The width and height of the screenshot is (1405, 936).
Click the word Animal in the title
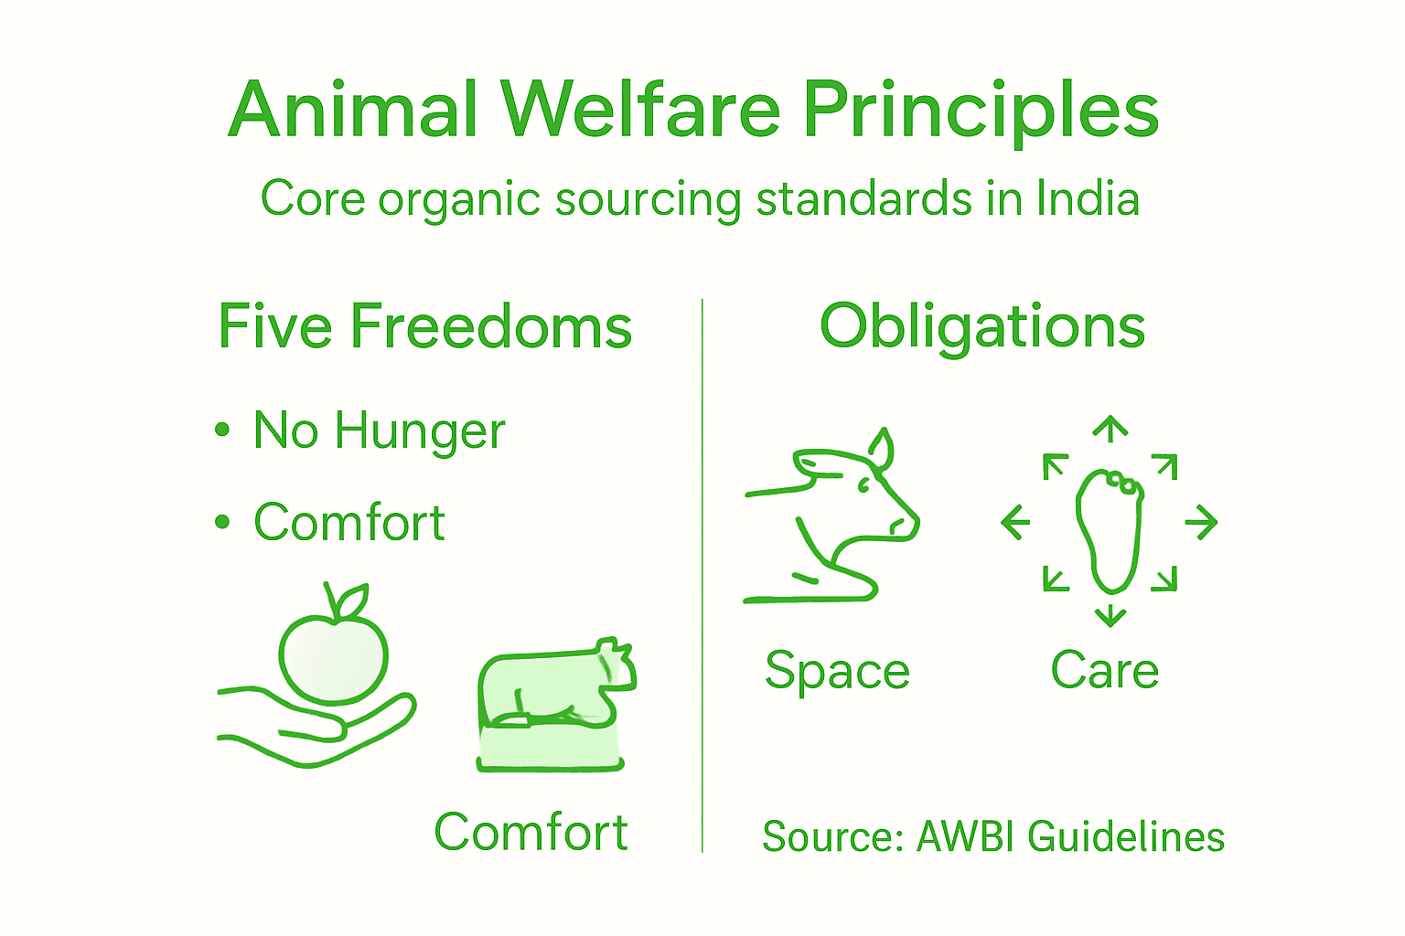point(353,110)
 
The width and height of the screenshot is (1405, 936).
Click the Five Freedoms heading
point(424,326)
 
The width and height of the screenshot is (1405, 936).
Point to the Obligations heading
point(981,326)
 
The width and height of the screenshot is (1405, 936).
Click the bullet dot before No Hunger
point(222,429)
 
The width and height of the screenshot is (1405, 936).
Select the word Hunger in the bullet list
point(419,431)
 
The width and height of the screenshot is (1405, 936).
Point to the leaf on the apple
point(350,601)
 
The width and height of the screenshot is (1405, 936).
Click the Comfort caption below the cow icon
point(531,832)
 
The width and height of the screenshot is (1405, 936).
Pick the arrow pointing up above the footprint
point(1110,428)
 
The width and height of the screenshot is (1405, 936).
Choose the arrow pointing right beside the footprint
point(1201,522)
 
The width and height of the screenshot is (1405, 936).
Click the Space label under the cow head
point(837,672)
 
